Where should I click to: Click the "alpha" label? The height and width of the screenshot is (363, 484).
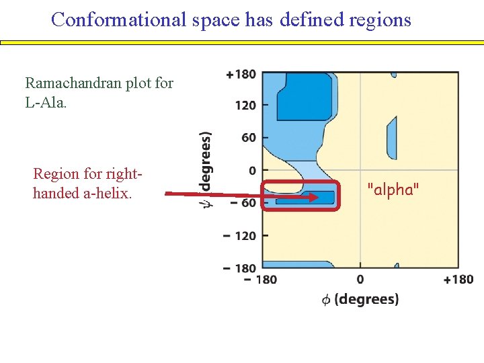tap(393, 190)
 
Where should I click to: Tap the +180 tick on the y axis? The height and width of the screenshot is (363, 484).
tap(241, 74)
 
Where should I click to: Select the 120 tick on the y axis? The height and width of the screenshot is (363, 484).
tap(245, 106)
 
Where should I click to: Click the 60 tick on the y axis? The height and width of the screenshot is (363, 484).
tap(249, 138)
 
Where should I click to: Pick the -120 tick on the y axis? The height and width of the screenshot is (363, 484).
tap(240, 236)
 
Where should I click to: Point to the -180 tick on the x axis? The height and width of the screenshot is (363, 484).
tap(261, 280)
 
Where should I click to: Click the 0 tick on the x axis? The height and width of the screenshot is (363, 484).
tap(360, 280)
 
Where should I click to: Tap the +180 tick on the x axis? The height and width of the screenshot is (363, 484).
tap(458, 280)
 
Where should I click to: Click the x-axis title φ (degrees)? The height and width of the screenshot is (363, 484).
tap(360, 299)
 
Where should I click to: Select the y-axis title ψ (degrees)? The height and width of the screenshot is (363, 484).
tap(206, 168)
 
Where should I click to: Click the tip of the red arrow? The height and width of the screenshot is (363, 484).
tap(318, 198)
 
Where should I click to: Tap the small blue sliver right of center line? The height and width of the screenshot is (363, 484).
tap(392, 137)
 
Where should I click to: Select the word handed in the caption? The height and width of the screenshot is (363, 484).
tap(55, 194)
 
